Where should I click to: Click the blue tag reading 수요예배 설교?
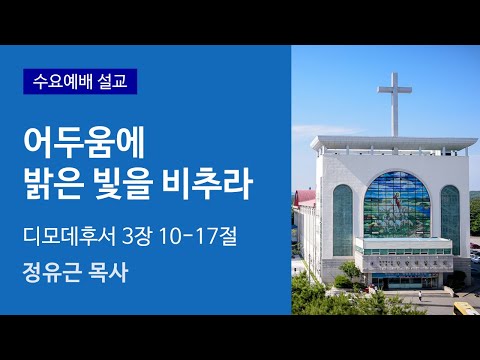(80, 79)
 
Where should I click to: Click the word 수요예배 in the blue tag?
(62, 79)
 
